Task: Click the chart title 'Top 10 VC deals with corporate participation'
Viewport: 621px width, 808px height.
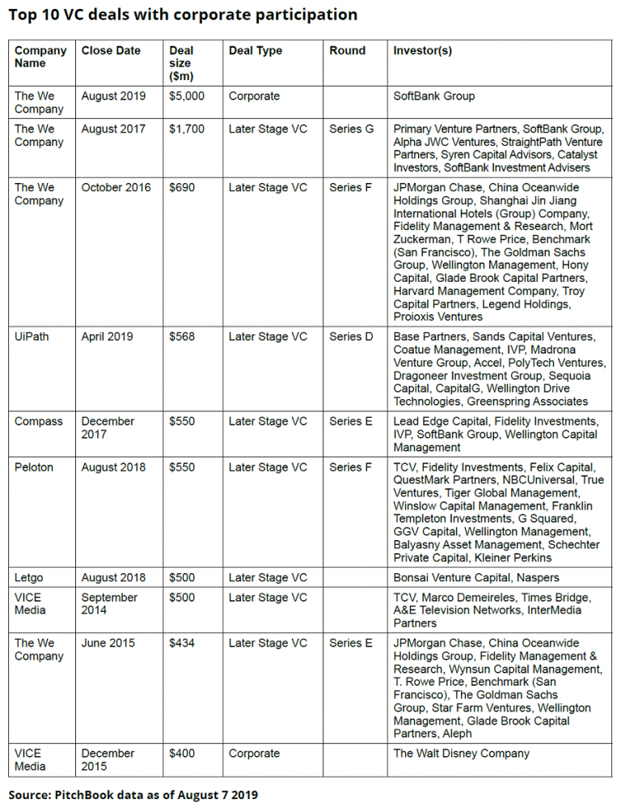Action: coord(184,15)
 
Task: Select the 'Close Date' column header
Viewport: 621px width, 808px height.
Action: coord(111,50)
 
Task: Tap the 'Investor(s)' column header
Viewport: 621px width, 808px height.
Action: coord(422,50)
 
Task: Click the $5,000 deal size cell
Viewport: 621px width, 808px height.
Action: coord(187,96)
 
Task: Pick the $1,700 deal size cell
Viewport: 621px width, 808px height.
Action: coord(187,129)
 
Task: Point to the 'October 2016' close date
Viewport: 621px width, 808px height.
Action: coord(116,187)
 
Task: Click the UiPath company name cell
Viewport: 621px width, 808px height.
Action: coord(32,337)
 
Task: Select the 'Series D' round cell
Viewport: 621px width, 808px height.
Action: coord(351,337)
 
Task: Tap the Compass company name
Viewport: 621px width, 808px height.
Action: coord(38,421)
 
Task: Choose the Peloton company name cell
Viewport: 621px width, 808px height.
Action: coord(35,467)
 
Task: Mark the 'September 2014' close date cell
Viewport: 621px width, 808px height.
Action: coord(110,603)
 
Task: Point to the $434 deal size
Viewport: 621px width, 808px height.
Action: coord(182,643)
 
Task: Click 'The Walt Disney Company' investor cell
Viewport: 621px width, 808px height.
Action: coord(461,753)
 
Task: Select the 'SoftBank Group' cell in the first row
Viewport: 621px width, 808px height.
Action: coord(433,96)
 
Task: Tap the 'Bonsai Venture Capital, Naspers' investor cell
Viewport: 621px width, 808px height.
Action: coord(475,577)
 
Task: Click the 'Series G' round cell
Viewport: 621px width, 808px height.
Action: coord(351,129)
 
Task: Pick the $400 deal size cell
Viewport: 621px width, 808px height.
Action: coord(182,753)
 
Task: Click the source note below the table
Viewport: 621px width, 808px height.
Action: coord(133,794)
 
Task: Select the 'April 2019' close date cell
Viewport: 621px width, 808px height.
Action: coord(108,337)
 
